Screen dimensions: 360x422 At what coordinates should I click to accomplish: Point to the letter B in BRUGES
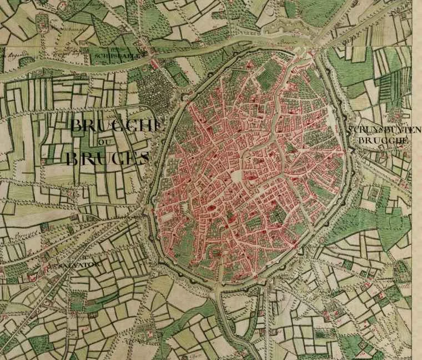pos(73,159)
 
